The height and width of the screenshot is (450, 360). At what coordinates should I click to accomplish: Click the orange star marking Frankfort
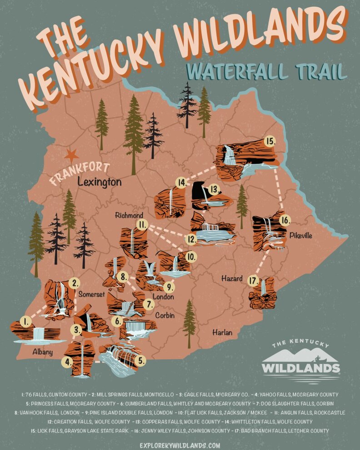coord(71,155)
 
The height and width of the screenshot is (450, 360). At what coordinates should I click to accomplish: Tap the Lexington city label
coord(99,182)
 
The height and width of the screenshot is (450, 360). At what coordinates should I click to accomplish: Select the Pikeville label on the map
coord(300,235)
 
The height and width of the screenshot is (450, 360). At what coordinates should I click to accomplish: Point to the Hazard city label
coord(232,278)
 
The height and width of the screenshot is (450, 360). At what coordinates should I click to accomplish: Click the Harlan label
coord(222,333)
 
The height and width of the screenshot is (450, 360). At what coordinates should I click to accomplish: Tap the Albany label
coord(42,352)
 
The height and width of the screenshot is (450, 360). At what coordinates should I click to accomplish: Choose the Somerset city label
coord(91,294)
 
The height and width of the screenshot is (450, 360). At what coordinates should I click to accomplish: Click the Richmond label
coord(129,215)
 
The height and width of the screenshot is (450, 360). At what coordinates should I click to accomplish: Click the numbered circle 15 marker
coord(270,141)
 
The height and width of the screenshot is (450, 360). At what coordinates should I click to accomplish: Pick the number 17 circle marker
coord(253,280)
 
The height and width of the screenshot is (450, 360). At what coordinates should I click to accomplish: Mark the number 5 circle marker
coord(142,361)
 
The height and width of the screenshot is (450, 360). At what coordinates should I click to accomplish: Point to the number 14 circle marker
coord(181,183)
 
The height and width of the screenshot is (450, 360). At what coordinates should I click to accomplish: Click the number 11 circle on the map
coord(142,224)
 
